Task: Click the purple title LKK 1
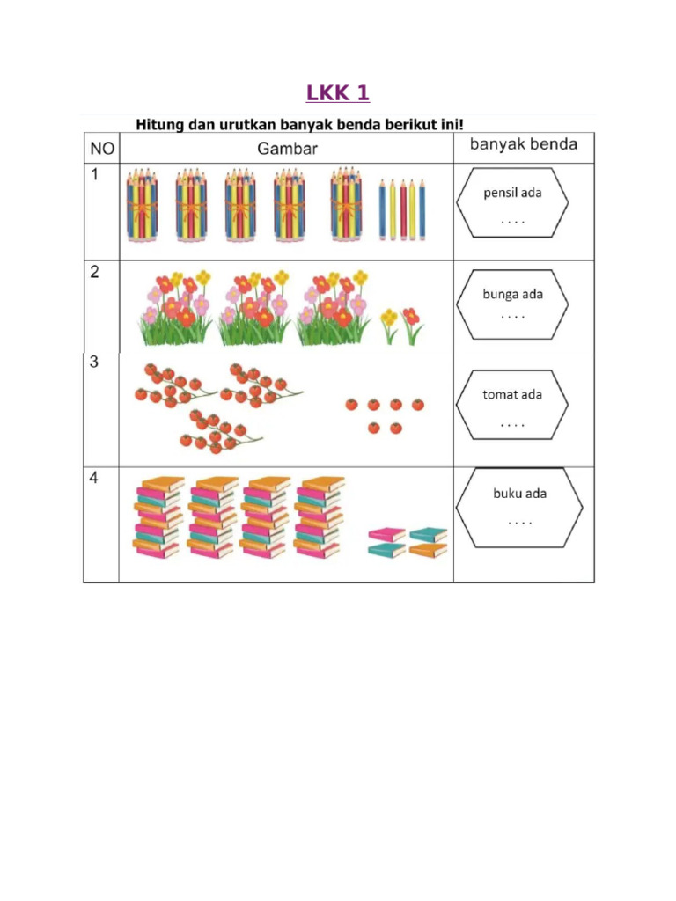pos(337,92)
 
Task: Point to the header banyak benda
pos(523,144)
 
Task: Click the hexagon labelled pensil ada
pos(512,203)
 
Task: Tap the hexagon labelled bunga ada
pos(512,304)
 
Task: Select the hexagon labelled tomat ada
pos(512,405)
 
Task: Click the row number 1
pos(93,176)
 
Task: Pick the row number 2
pos(94,272)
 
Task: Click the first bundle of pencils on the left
pos(142,204)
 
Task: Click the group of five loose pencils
pos(402,209)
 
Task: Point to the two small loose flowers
pos(400,326)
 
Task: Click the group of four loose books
pos(408,542)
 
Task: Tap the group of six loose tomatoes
pos(385,414)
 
